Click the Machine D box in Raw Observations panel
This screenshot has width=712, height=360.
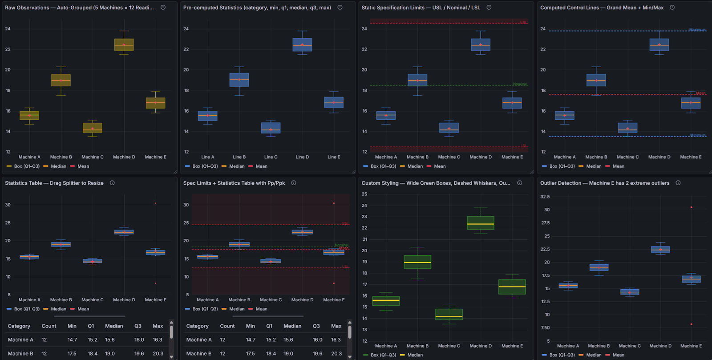tap(124, 44)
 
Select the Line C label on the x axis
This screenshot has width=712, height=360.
tap(271, 157)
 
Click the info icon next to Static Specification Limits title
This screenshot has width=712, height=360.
tap(489, 8)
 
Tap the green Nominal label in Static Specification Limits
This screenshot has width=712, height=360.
tap(519, 84)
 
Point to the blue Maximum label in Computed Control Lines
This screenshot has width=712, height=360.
tap(697, 30)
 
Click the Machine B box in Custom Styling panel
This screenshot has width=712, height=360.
tap(417, 262)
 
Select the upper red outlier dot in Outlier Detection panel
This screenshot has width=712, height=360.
tap(691, 207)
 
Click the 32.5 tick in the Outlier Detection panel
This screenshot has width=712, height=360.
tap(545, 197)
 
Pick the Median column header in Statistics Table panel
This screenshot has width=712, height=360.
tap(114, 326)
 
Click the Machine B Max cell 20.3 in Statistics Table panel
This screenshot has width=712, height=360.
tap(158, 354)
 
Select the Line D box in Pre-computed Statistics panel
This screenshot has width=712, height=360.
tap(302, 44)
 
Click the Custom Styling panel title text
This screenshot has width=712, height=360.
tap(436, 183)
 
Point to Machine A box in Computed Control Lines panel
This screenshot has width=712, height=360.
tap(565, 116)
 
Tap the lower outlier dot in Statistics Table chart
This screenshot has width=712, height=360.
tap(155, 283)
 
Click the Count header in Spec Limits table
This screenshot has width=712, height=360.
tap(227, 326)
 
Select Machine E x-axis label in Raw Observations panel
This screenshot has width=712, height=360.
tap(155, 157)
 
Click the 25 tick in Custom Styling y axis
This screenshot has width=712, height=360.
tap(364, 194)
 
